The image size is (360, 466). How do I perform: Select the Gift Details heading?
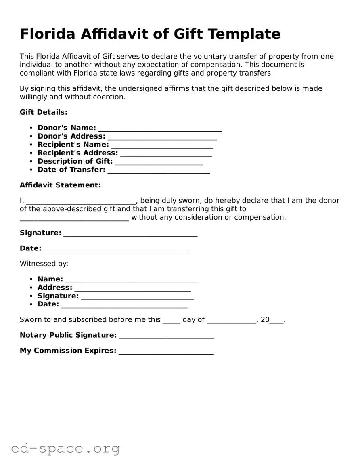pyautogui.click(x=44, y=112)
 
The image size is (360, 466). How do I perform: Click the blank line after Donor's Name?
pyautogui.click(x=160, y=129)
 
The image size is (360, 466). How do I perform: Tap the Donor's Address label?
pyautogui.click(x=71, y=136)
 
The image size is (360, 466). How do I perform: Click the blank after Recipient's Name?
pyautogui.click(x=162, y=145)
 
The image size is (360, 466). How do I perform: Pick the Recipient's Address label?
pyautogui.click(x=77, y=153)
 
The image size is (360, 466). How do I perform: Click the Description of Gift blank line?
pyautogui.click(x=159, y=162)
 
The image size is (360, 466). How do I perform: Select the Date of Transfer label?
pyautogui.click(x=71, y=170)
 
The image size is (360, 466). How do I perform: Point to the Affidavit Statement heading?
pyautogui.click(x=60, y=185)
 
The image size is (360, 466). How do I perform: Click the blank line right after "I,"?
pyautogui.click(x=81, y=202)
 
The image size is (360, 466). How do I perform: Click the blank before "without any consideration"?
pyautogui.click(x=74, y=218)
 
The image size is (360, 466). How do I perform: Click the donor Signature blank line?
pyautogui.click(x=130, y=234)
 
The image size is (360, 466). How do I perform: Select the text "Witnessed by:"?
pyautogui.click(x=44, y=264)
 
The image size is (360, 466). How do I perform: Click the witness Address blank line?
pyautogui.click(x=132, y=288)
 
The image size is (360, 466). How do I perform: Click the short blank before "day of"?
pyautogui.click(x=171, y=321)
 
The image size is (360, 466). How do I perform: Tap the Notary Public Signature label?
pyautogui.click(x=68, y=335)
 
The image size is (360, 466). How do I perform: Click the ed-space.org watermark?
pyautogui.click(x=65, y=448)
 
